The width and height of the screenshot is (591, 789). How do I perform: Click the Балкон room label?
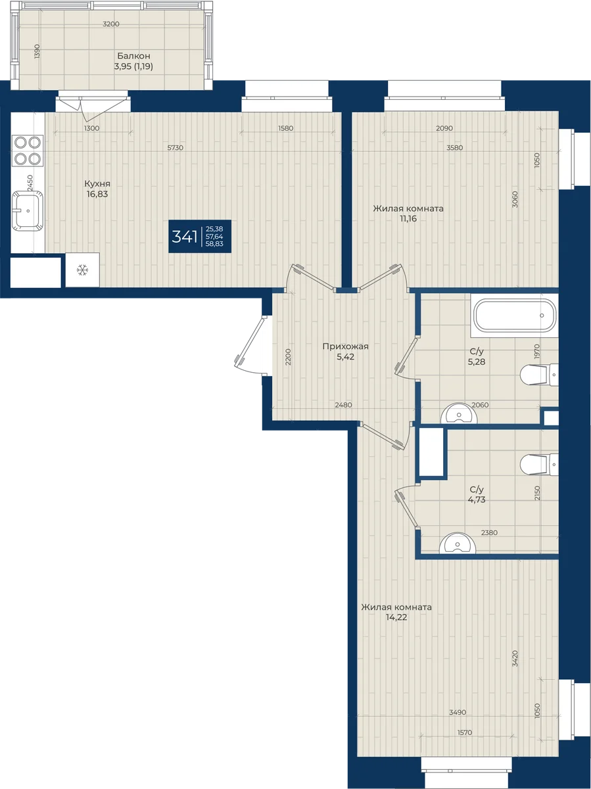(133, 56)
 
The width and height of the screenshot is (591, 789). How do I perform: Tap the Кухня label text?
(97, 183)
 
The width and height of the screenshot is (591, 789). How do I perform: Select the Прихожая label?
(345, 347)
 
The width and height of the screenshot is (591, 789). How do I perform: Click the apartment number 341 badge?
(200, 237)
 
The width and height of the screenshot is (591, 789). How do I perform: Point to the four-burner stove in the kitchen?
(28, 151)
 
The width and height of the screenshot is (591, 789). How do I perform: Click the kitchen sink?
(28, 210)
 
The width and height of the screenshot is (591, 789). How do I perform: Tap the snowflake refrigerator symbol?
(82, 270)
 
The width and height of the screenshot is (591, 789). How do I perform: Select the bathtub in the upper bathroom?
(515, 315)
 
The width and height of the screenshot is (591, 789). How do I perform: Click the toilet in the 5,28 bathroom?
(539, 375)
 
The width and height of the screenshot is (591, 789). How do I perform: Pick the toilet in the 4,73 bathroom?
(539, 464)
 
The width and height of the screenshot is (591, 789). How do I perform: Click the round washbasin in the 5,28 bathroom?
(459, 414)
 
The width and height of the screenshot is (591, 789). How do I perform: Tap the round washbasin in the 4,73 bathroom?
(458, 543)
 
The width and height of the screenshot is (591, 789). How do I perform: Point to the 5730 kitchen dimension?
(176, 148)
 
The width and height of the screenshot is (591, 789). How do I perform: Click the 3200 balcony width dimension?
(111, 24)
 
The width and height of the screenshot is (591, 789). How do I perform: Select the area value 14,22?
(396, 617)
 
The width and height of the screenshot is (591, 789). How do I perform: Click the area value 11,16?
(408, 218)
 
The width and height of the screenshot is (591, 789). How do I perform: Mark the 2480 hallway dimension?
(343, 405)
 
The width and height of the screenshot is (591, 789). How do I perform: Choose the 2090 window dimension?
(444, 128)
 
